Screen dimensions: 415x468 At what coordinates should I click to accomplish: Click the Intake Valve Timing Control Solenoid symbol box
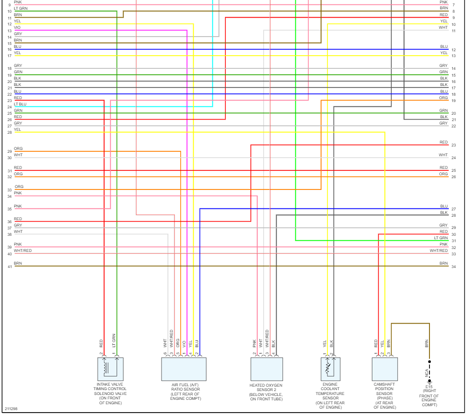[x=110, y=369]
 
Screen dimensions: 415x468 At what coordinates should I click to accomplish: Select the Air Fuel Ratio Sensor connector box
[x=183, y=369]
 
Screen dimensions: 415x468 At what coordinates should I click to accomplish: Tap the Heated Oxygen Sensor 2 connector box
[x=266, y=369]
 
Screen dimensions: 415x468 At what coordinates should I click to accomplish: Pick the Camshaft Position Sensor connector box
[x=385, y=369]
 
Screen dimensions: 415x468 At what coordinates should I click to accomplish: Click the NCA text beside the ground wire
[x=426, y=373]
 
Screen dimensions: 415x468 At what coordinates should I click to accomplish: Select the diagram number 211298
[x=12, y=409]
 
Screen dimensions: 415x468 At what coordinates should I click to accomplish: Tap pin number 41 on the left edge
[x=9, y=267]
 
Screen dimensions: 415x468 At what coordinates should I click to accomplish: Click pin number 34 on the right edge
[x=453, y=267]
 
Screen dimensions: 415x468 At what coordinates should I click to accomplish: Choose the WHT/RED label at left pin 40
[x=23, y=250]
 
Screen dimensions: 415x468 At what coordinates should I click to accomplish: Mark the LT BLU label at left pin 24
[x=20, y=104]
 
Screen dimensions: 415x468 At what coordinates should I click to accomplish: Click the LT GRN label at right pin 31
[x=441, y=238]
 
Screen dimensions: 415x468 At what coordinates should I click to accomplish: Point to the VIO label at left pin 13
[x=17, y=27]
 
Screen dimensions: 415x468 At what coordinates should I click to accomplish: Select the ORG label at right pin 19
[x=443, y=98]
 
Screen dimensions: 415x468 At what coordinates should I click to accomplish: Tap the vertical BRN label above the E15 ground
[x=427, y=343]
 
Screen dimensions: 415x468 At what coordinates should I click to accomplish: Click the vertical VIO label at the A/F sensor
[x=184, y=343]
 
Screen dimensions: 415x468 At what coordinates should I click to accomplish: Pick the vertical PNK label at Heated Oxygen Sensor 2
[x=254, y=343]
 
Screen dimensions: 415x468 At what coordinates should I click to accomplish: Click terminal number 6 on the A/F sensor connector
[x=165, y=353]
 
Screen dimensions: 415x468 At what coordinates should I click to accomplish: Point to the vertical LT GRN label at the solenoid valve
[x=114, y=340]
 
